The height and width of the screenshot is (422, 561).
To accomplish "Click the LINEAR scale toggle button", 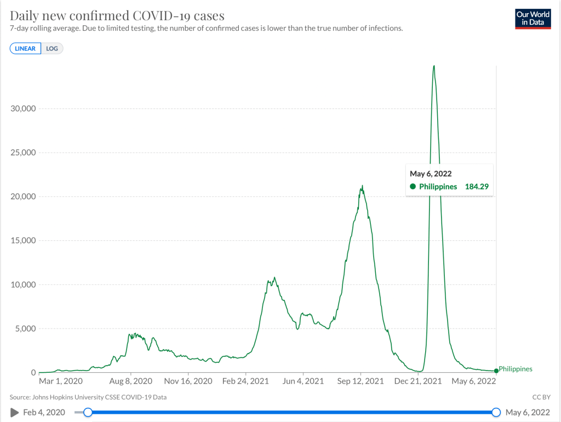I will point(25,49).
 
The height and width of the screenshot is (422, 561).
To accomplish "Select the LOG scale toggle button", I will point(52,49).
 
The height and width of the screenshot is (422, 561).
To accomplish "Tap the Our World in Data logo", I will point(533,19).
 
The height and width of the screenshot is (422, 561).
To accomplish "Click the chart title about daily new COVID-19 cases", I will point(117,15).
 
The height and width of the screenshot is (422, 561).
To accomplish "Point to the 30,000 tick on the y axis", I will point(24,108).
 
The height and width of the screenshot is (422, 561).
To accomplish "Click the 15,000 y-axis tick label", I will point(24,241).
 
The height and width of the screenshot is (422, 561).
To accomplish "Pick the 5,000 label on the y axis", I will point(25,329).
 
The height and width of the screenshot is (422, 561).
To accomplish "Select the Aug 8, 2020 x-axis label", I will point(130,381).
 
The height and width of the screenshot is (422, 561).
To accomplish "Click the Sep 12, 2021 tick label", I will point(360,381).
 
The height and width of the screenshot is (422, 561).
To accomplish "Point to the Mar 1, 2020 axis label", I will point(61,381).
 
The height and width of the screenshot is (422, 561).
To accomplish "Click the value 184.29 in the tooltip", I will point(476,187).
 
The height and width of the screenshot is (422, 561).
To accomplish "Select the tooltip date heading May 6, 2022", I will point(431,174).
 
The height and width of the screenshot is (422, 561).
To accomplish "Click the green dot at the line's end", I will point(496,371).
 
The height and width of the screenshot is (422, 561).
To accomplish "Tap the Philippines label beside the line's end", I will point(516,369).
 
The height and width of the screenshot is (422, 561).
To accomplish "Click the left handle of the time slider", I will point(88,412).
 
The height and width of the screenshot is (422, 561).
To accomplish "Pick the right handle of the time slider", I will point(496,412).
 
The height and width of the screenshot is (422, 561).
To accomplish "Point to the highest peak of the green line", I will point(434,66).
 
